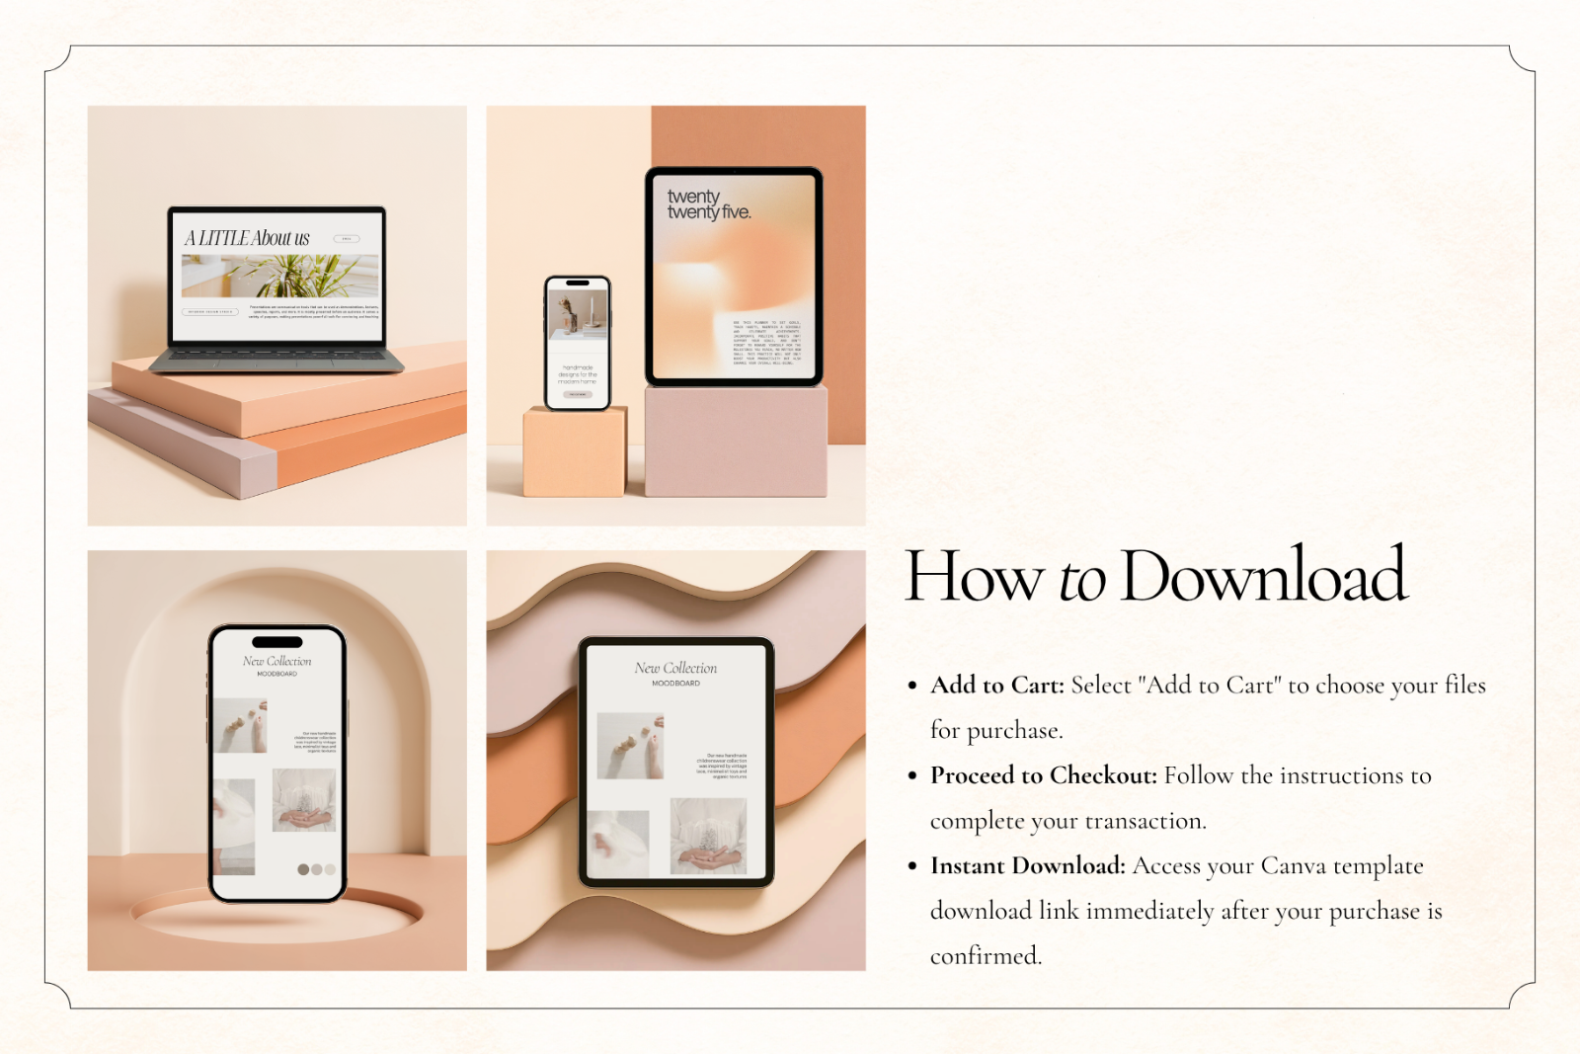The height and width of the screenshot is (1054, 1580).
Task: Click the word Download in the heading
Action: click(1263, 576)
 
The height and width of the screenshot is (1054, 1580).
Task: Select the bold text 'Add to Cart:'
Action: click(996, 686)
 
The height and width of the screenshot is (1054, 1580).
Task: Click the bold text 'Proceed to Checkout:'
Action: click(1043, 775)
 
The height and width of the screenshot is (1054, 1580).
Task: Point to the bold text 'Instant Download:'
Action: click(1027, 866)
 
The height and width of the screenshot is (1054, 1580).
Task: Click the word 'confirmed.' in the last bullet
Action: click(985, 956)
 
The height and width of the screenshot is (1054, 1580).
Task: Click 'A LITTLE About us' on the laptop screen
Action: click(247, 238)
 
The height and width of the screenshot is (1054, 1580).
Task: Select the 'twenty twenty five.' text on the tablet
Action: click(707, 204)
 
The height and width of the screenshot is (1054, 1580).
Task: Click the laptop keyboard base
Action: click(277, 362)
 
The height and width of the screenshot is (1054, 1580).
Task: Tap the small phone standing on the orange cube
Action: click(578, 343)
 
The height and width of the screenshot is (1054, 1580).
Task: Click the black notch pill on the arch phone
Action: click(277, 642)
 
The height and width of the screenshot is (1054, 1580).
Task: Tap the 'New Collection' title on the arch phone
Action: click(276, 661)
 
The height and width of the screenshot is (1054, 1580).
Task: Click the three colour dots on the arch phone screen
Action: click(316, 869)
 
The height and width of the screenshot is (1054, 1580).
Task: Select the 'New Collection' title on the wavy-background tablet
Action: click(675, 669)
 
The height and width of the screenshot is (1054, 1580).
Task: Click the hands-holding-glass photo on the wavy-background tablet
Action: click(708, 837)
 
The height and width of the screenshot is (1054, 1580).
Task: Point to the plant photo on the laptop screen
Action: click(279, 276)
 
